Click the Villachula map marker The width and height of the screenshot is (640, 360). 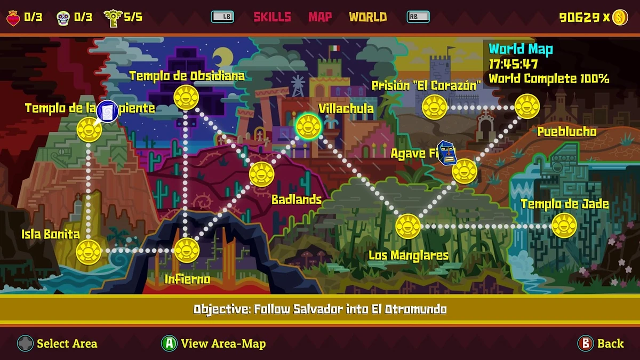coord(308,126)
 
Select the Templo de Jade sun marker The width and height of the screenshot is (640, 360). coord(564,226)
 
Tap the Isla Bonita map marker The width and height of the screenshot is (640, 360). coord(89,251)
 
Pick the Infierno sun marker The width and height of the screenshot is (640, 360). coord(187,250)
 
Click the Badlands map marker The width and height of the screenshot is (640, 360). coord(261,174)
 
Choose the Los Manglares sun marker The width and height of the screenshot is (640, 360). coord(408,226)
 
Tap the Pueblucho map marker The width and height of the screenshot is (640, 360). coord(527,107)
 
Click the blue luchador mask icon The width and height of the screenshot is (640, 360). coord(447,153)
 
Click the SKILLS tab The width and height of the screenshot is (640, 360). coord(272,17)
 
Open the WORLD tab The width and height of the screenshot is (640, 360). coord(367,17)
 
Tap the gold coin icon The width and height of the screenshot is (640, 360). coord(620,17)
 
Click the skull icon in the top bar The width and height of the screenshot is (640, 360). coord(63,18)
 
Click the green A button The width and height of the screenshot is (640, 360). coord(169,343)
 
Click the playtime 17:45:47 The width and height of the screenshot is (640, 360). coord(513,64)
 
